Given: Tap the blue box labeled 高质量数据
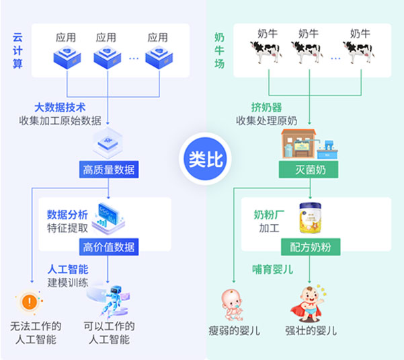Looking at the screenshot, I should point(108,170).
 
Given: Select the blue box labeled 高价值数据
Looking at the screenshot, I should point(108,246).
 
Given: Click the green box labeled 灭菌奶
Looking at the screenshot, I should point(310,170).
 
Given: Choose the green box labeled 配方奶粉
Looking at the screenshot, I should point(310,246).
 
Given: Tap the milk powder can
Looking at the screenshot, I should point(310,217).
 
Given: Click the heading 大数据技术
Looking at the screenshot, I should point(60,108).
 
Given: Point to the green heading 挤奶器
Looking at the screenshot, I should point(266,108).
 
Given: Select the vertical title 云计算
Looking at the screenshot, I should point(18,50).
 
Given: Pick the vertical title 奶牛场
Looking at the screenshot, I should point(220,50).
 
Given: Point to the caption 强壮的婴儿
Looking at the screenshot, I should point(311,330).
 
